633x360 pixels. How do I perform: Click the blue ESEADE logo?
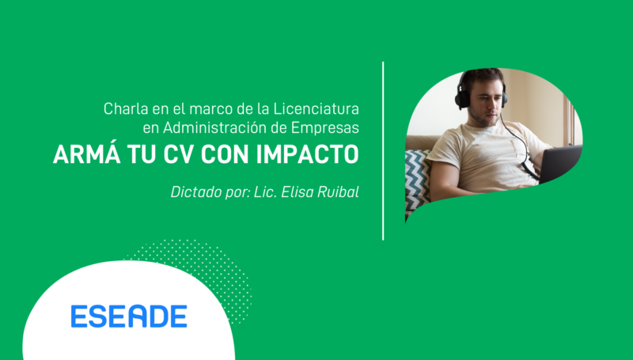pos(129,316)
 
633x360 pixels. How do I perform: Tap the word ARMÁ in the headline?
pos(86,153)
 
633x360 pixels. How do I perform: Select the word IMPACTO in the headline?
pos(307,154)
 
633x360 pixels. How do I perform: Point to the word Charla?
pos(126,108)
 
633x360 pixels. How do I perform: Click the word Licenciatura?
pos(316,108)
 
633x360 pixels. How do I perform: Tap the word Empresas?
pos(325,128)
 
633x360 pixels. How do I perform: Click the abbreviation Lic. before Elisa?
pos(265,191)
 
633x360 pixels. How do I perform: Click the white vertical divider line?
pos(383,151)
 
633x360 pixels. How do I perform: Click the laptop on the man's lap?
pos(560,163)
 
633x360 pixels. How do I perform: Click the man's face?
pos(484,103)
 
